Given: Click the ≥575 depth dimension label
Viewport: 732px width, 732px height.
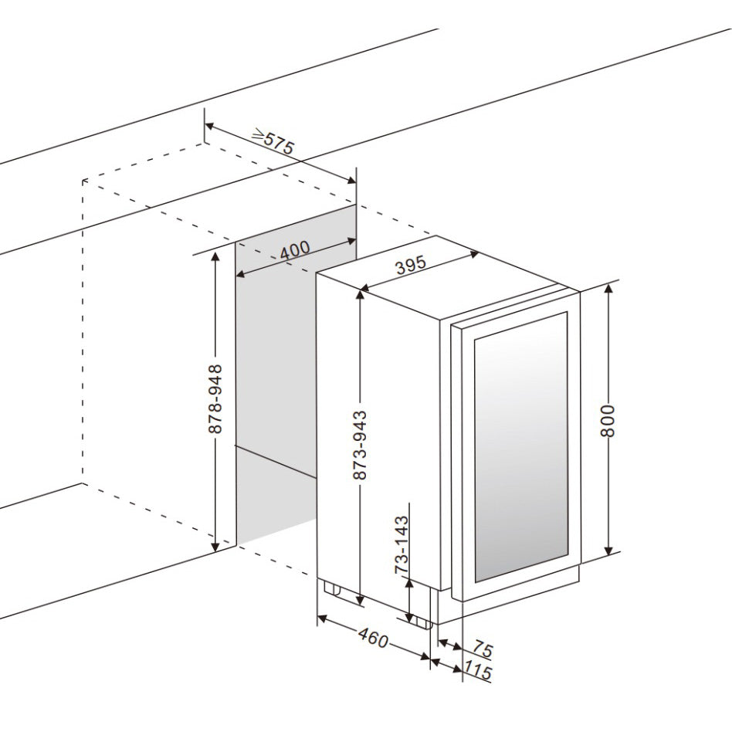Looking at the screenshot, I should click(x=274, y=142).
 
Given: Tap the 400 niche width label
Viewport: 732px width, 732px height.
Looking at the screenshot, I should click(x=294, y=249).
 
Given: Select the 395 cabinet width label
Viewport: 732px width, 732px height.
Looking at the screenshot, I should click(x=411, y=267).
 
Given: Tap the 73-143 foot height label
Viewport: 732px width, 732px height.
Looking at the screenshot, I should click(x=401, y=545).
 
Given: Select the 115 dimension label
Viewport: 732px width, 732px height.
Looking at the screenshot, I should click(x=479, y=672).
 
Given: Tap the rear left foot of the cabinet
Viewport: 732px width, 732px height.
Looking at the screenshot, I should click(x=334, y=588).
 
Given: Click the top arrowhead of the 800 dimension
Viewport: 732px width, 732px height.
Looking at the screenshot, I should click(x=608, y=288).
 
